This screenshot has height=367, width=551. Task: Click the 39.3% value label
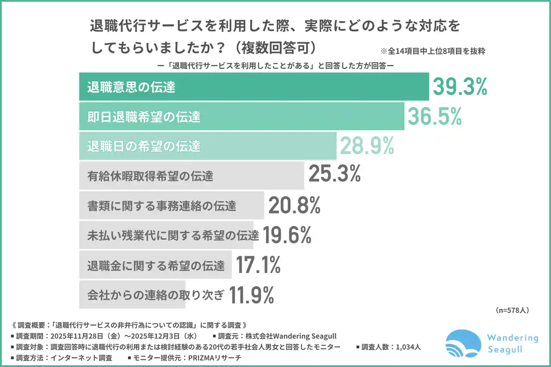pos(459,87)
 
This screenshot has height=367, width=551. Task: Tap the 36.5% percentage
pos(434,116)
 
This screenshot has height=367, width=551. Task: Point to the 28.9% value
pos(367,146)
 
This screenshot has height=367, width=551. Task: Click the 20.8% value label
pos(294,206)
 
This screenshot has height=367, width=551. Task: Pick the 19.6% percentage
pos(287,235)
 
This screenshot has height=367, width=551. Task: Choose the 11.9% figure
pos(252,295)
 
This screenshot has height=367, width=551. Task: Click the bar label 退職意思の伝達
pos(131,87)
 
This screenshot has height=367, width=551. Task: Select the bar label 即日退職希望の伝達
pos(144,117)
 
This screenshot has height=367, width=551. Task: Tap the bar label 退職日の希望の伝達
pos(144,146)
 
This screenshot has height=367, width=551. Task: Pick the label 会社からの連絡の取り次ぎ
pos(156,295)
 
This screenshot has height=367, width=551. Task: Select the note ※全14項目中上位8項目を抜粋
pos(432,51)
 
